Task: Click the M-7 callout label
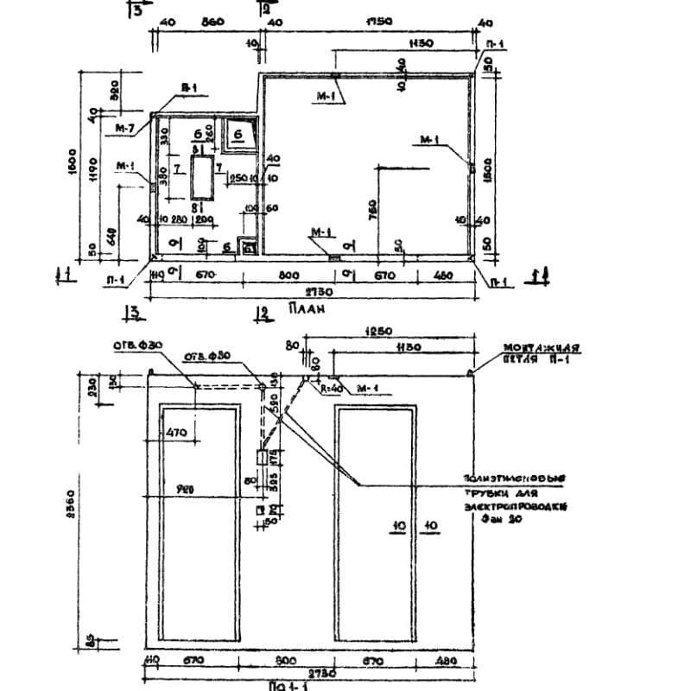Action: [125, 126]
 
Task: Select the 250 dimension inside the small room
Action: [236, 178]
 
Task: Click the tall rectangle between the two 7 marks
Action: [202, 179]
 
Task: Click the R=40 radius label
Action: [331, 389]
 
